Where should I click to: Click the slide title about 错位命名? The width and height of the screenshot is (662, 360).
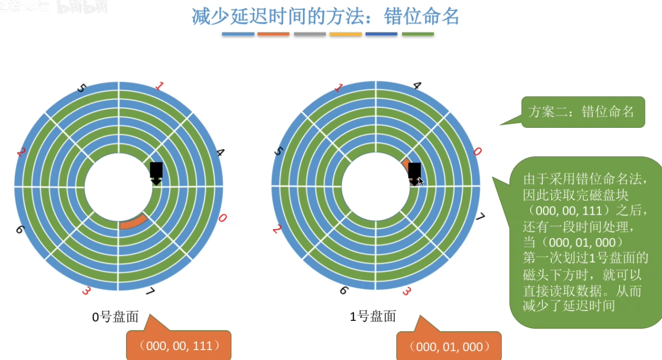pyautogui.click(x=325, y=17)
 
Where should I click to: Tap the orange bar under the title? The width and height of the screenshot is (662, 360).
pyautogui.click(x=273, y=34)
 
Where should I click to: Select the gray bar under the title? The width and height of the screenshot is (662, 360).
pyautogui.click(x=310, y=34)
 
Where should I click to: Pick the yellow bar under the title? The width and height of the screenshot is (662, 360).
pyautogui.click(x=345, y=34)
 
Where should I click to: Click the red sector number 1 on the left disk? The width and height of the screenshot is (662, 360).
pyautogui.click(x=159, y=86)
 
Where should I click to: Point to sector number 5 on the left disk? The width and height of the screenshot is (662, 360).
pyautogui.click(x=82, y=88)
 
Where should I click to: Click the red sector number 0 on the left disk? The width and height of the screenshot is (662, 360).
pyautogui.click(x=222, y=219)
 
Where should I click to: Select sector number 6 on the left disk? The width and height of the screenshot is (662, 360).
pyautogui.click(x=20, y=228)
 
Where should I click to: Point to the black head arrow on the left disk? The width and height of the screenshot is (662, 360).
pyautogui.click(x=156, y=173)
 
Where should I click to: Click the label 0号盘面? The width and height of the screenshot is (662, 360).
pyautogui.click(x=115, y=317)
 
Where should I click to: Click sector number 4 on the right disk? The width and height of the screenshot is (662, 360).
pyautogui.click(x=417, y=86)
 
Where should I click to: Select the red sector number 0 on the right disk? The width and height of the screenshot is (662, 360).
pyautogui.click(x=477, y=151)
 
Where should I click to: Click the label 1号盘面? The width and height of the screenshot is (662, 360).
pyautogui.click(x=373, y=317)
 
